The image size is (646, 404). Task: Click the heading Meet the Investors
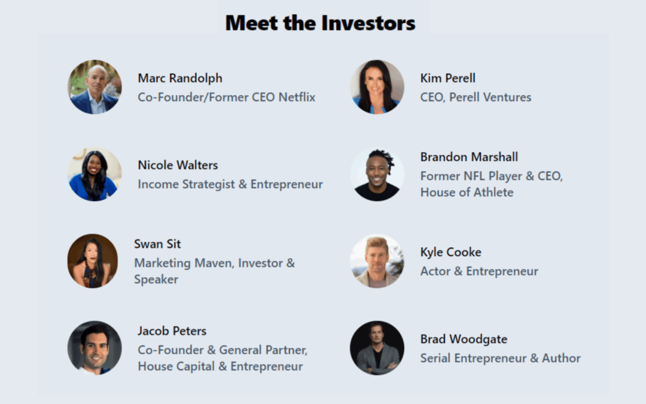(320, 23)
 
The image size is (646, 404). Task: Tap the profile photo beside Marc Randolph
(95, 87)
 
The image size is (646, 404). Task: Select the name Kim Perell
(448, 78)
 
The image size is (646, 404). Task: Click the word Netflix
(297, 98)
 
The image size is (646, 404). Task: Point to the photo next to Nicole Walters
(95, 174)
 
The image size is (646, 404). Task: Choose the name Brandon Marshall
(469, 157)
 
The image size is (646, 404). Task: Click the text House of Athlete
(467, 193)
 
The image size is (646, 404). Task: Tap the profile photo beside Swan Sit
(93, 261)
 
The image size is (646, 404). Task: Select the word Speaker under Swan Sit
(156, 280)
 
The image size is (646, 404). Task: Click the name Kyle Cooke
(451, 253)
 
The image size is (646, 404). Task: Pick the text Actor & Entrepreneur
(479, 271)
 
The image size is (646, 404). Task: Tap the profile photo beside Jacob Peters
(95, 348)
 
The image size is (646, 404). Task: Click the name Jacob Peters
(172, 331)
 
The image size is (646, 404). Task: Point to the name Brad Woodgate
(464, 339)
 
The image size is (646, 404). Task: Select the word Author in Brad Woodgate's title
(561, 359)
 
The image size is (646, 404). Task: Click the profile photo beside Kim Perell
(377, 87)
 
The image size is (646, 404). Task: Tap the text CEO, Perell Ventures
(476, 98)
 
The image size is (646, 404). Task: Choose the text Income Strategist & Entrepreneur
(230, 184)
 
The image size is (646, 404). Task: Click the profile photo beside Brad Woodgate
(377, 348)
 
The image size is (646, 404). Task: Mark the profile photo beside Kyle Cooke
(377, 261)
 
